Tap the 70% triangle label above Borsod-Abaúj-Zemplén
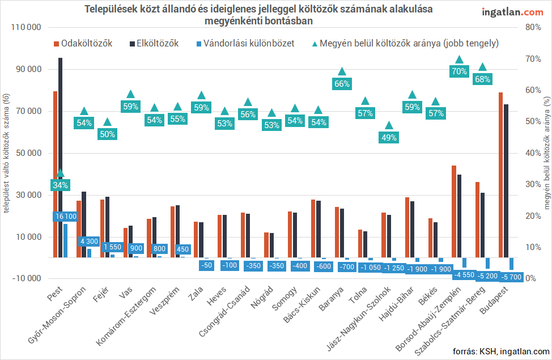460,71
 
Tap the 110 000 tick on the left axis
26,27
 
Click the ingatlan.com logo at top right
512,12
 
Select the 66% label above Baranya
342,83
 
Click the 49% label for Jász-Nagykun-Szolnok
389,138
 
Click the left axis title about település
7,153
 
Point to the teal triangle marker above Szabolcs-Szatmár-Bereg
483,67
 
